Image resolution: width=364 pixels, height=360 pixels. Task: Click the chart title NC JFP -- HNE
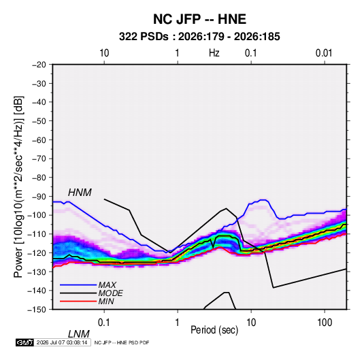[199, 19]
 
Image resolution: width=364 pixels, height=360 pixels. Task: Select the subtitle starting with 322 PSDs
[199, 37]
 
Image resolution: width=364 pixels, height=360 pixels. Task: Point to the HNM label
[80, 193]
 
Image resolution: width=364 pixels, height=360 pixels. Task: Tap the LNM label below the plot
[79, 334]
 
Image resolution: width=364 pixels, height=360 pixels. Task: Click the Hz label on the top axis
[214, 53]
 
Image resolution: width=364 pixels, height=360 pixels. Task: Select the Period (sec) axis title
[214, 330]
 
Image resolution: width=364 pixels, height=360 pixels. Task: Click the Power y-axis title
[18, 187]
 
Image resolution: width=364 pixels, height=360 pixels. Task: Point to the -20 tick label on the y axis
[39, 65]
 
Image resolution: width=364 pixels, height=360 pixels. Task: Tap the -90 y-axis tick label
[39, 197]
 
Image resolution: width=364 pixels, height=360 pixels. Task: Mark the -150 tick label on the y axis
[37, 310]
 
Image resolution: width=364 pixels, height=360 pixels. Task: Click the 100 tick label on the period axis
[325, 323]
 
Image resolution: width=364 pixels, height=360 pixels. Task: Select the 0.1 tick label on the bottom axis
[104, 323]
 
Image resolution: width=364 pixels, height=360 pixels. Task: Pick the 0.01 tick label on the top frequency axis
[324, 53]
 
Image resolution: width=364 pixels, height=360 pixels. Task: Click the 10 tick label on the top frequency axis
[104, 53]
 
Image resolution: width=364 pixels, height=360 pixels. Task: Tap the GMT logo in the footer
[25, 342]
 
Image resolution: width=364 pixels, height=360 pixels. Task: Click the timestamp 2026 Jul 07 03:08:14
[62, 342]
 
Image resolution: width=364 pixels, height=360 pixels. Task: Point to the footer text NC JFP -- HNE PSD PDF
[122, 342]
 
